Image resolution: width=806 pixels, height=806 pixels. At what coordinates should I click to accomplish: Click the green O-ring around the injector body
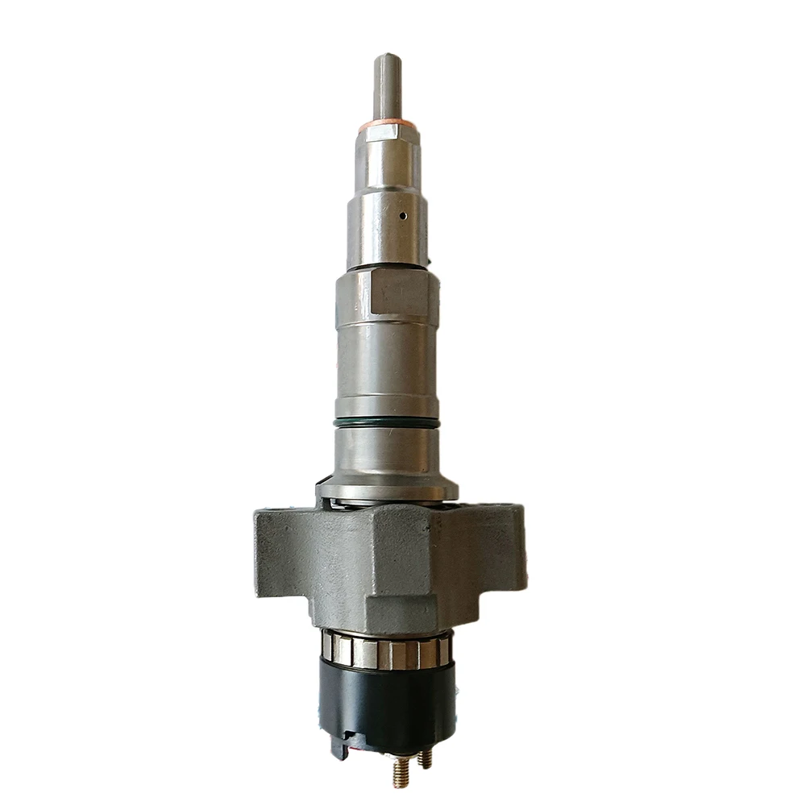coord(387,422)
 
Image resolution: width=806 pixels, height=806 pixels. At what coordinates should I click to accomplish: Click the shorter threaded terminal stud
coord(426,758)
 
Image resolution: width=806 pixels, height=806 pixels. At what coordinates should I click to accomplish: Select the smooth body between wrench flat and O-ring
coord(387,363)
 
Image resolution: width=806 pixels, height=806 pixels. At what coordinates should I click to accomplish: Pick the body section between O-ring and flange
coord(387,451)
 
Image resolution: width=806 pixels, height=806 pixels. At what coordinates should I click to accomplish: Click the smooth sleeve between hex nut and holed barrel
coord(387,165)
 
